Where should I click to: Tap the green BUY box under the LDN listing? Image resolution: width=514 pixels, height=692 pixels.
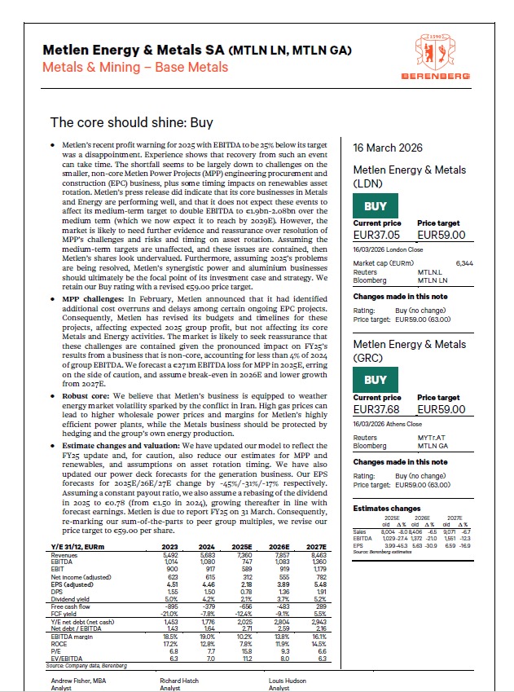pos(376,206)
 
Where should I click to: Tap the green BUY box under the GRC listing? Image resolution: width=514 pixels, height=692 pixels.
pos(376,379)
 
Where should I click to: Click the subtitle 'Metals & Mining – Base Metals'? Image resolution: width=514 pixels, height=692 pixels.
pos(135,67)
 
